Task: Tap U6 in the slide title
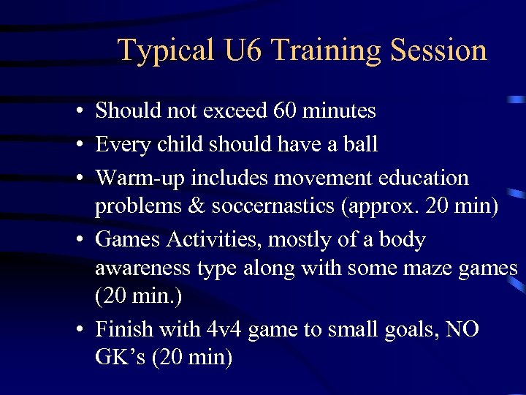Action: click(x=243, y=50)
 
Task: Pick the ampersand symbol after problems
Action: click(x=196, y=206)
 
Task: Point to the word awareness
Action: click(x=143, y=269)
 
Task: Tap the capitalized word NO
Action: click(x=462, y=330)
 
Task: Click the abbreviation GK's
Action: click(x=118, y=358)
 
